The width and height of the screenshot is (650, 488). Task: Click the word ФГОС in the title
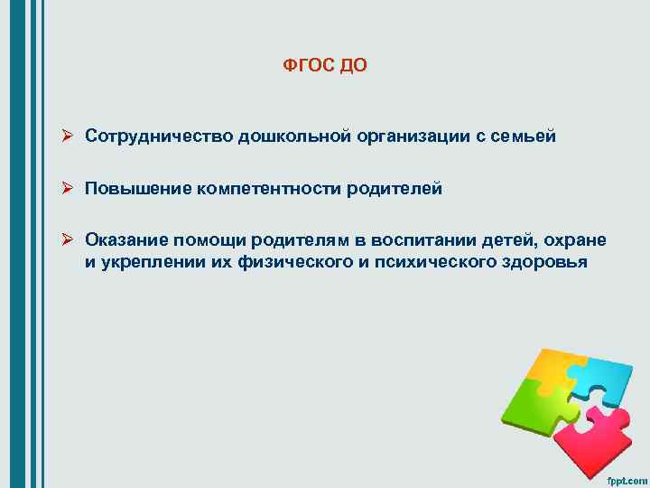click(305, 67)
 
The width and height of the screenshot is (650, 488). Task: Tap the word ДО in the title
click(354, 67)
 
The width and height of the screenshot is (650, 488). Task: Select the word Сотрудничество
click(160, 136)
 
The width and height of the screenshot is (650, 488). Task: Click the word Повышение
click(136, 189)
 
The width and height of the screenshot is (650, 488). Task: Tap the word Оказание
click(127, 240)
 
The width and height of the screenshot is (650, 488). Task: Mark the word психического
click(434, 262)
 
